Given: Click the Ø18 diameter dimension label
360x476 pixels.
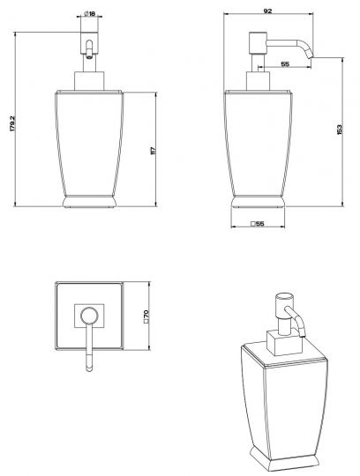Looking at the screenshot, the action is [89, 13].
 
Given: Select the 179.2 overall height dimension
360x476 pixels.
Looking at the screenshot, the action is [12, 123].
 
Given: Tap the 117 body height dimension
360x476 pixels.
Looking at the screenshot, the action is [153, 151].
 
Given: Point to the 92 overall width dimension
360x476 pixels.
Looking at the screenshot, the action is [267, 11].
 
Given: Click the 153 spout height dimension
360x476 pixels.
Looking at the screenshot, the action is [340, 130].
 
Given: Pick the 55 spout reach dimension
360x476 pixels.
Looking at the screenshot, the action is [285, 64].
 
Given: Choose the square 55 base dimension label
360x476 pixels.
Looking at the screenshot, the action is [258, 224].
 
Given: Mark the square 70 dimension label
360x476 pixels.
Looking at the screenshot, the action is [146, 316].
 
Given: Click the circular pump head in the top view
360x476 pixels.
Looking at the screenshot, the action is [89, 316].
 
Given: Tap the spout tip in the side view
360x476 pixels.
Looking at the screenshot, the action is [311, 56].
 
